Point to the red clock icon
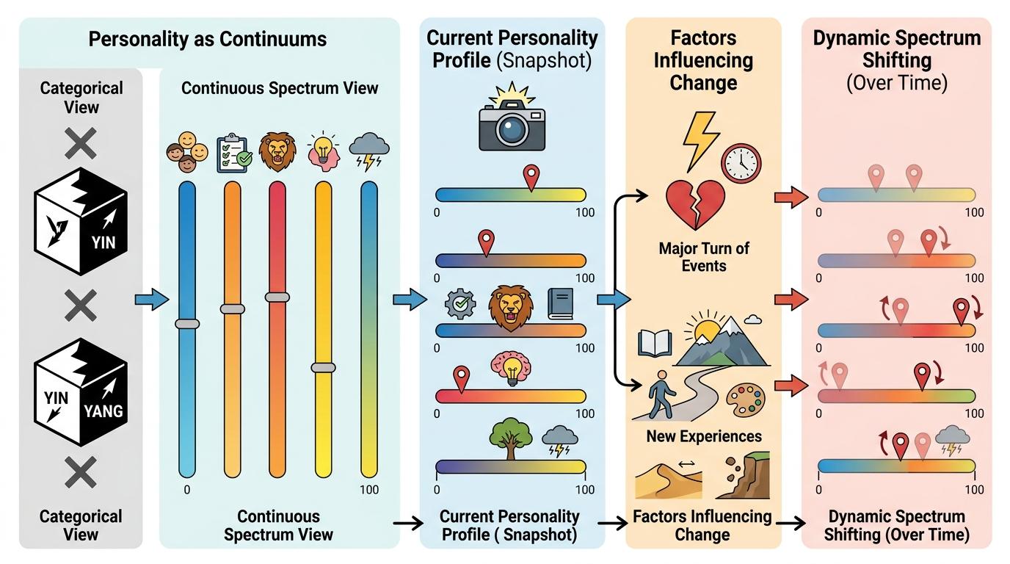pyautogui.click(x=741, y=162)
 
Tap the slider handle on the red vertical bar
pyautogui.click(x=277, y=297)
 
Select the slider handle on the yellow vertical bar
pyautogui.click(x=323, y=367)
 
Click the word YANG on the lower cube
pyautogui.click(x=103, y=411)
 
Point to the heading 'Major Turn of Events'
pyautogui.click(x=703, y=256)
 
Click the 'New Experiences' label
pyautogui.click(x=703, y=436)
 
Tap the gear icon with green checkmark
pyautogui.click(x=461, y=304)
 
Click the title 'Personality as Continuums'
pyautogui.click(x=208, y=39)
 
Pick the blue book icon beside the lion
pyautogui.click(x=560, y=303)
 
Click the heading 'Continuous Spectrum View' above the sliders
pyautogui.click(x=280, y=89)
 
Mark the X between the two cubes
pyautogui.click(x=80, y=304)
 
